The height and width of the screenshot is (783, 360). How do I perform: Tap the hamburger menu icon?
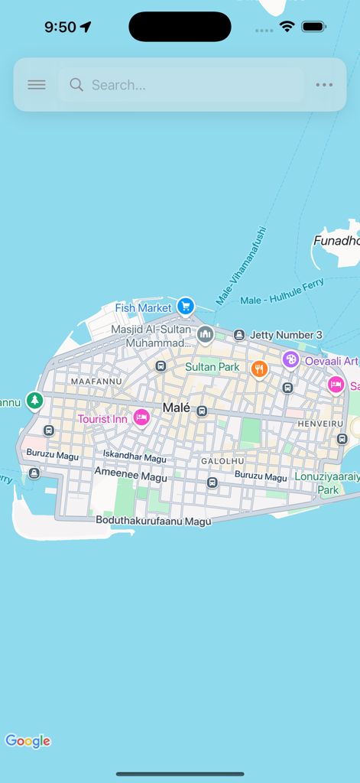click(37, 85)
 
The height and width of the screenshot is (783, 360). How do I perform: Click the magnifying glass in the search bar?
click(76, 85)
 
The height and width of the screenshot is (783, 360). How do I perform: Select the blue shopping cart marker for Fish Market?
click(185, 307)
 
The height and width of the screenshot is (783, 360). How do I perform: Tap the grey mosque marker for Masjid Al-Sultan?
click(205, 334)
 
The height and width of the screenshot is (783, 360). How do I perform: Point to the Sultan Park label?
click(212, 367)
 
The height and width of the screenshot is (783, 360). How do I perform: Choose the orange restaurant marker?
click(259, 369)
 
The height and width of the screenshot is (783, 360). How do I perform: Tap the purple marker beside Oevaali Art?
click(290, 359)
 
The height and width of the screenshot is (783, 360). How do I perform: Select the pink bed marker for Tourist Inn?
click(141, 417)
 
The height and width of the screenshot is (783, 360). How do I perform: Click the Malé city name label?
click(176, 408)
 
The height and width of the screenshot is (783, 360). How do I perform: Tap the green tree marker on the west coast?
click(34, 400)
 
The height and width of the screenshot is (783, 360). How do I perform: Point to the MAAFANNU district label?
click(96, 381)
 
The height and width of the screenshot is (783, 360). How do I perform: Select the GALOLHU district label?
click(222, 461)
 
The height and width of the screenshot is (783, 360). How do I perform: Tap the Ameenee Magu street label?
click(130, 477)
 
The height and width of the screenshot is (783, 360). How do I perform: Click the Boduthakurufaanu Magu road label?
click(153, 520)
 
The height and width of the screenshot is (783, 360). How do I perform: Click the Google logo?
click(28, 741)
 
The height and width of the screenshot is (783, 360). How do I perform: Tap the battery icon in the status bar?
click(313, 27)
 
